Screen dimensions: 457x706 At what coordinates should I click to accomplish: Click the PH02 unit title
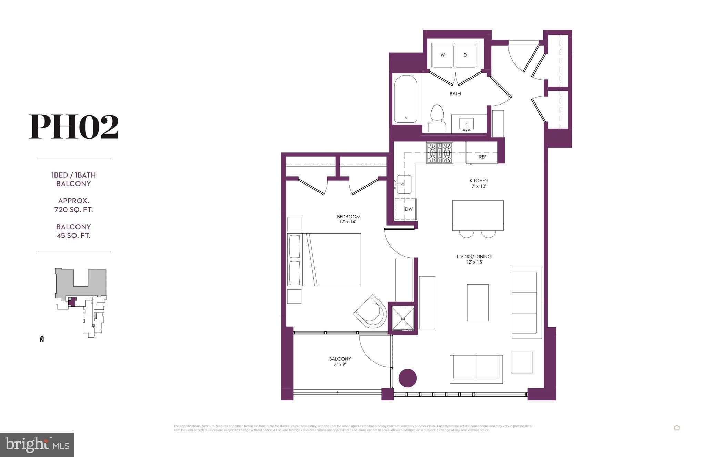73,127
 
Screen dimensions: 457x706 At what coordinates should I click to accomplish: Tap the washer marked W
442,55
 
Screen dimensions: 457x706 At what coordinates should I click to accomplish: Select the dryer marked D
465,55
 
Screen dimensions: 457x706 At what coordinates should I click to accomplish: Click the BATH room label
455,93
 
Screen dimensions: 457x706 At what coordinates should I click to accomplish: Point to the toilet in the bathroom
437,118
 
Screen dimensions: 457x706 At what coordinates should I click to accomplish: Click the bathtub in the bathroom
406,99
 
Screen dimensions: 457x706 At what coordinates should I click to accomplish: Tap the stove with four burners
440,153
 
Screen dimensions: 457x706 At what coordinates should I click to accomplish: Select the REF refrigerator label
482,157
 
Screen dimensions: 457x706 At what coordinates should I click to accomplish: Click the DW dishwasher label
409,209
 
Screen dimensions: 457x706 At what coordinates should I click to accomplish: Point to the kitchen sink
403,184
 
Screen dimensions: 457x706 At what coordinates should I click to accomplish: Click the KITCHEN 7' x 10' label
478,183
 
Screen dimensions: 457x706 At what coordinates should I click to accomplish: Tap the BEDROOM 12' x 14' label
349,219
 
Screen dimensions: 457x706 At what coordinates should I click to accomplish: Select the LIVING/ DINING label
474,259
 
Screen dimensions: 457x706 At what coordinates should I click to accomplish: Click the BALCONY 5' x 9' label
340,361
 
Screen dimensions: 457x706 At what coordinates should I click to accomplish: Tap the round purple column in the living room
407,378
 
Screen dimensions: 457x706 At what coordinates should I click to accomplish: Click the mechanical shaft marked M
403,319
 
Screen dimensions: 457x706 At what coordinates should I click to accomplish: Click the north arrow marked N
42,339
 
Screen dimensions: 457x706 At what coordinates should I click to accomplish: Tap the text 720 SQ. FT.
73,210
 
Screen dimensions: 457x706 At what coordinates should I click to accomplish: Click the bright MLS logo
37,445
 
